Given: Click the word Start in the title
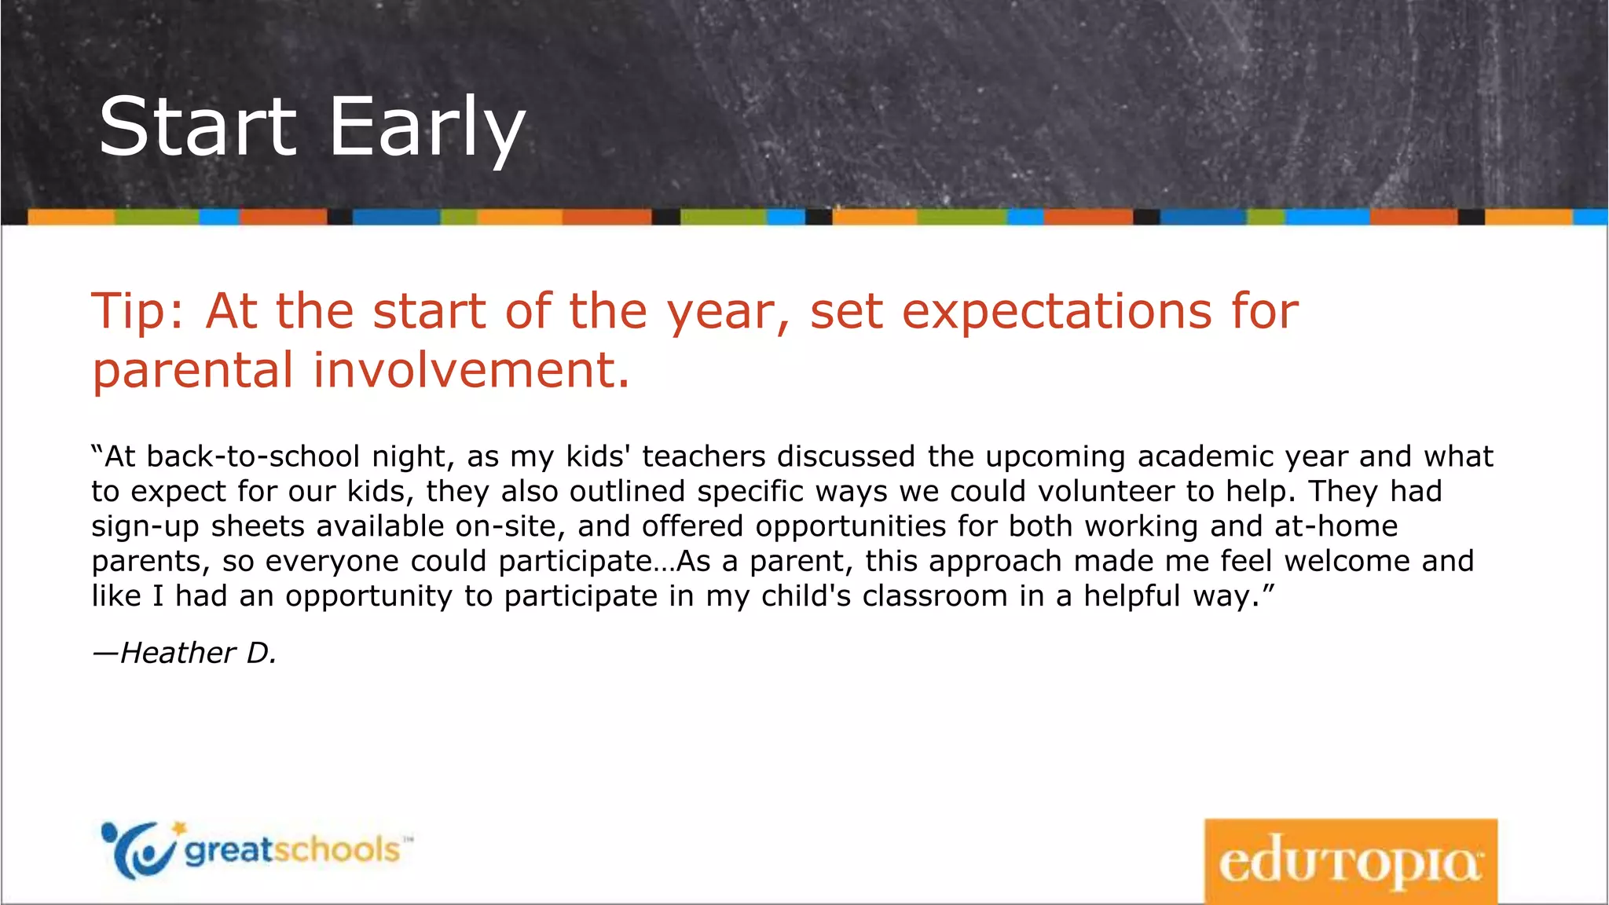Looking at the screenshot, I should click(198, 127).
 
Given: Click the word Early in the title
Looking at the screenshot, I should click(427, 127).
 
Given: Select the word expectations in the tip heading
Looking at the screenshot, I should click(1057, 312).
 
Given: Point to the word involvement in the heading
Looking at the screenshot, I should click(471, 370).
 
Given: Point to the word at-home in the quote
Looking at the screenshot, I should click(1336, 526).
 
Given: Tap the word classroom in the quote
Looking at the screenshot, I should click(934, 596).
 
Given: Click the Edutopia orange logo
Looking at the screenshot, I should click(1350, 862).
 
